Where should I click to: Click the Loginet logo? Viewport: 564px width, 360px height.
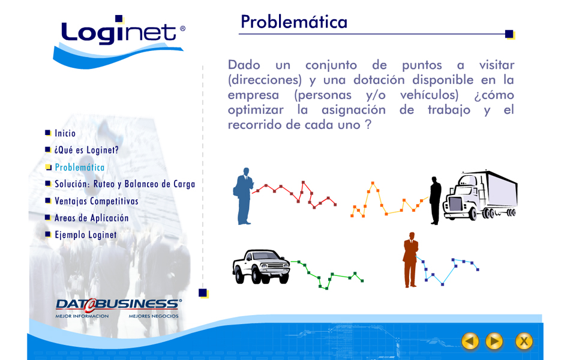pos(119,41)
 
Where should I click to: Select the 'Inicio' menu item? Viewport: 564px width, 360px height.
pos(65,133)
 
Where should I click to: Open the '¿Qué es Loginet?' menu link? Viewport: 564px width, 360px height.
pos(86,150)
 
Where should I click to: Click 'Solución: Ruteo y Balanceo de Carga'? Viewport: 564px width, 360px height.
pos(125,184)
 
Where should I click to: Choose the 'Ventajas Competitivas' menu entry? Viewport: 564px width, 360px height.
pos(97,201)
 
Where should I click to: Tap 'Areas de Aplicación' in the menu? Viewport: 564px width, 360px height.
pos(91,218)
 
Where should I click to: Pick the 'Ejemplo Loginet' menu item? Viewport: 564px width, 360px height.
pos(86,235)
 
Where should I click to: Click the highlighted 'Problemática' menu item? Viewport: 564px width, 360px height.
pos(79,167)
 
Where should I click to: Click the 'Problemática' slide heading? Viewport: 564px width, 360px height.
pos(294,22)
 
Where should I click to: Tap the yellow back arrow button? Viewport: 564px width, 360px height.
pos(470,341)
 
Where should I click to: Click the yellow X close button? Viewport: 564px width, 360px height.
pos(524,341)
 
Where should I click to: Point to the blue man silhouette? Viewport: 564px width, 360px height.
pos(244,196)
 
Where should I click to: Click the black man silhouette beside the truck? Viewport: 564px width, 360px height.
pos(435,200)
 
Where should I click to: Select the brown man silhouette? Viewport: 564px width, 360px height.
pos(410,260)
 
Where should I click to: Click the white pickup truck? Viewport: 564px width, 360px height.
pos(261,266)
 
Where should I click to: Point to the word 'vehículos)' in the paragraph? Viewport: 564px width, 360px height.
pos(430,95)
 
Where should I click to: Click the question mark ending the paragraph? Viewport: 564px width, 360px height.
pos(368,124)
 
